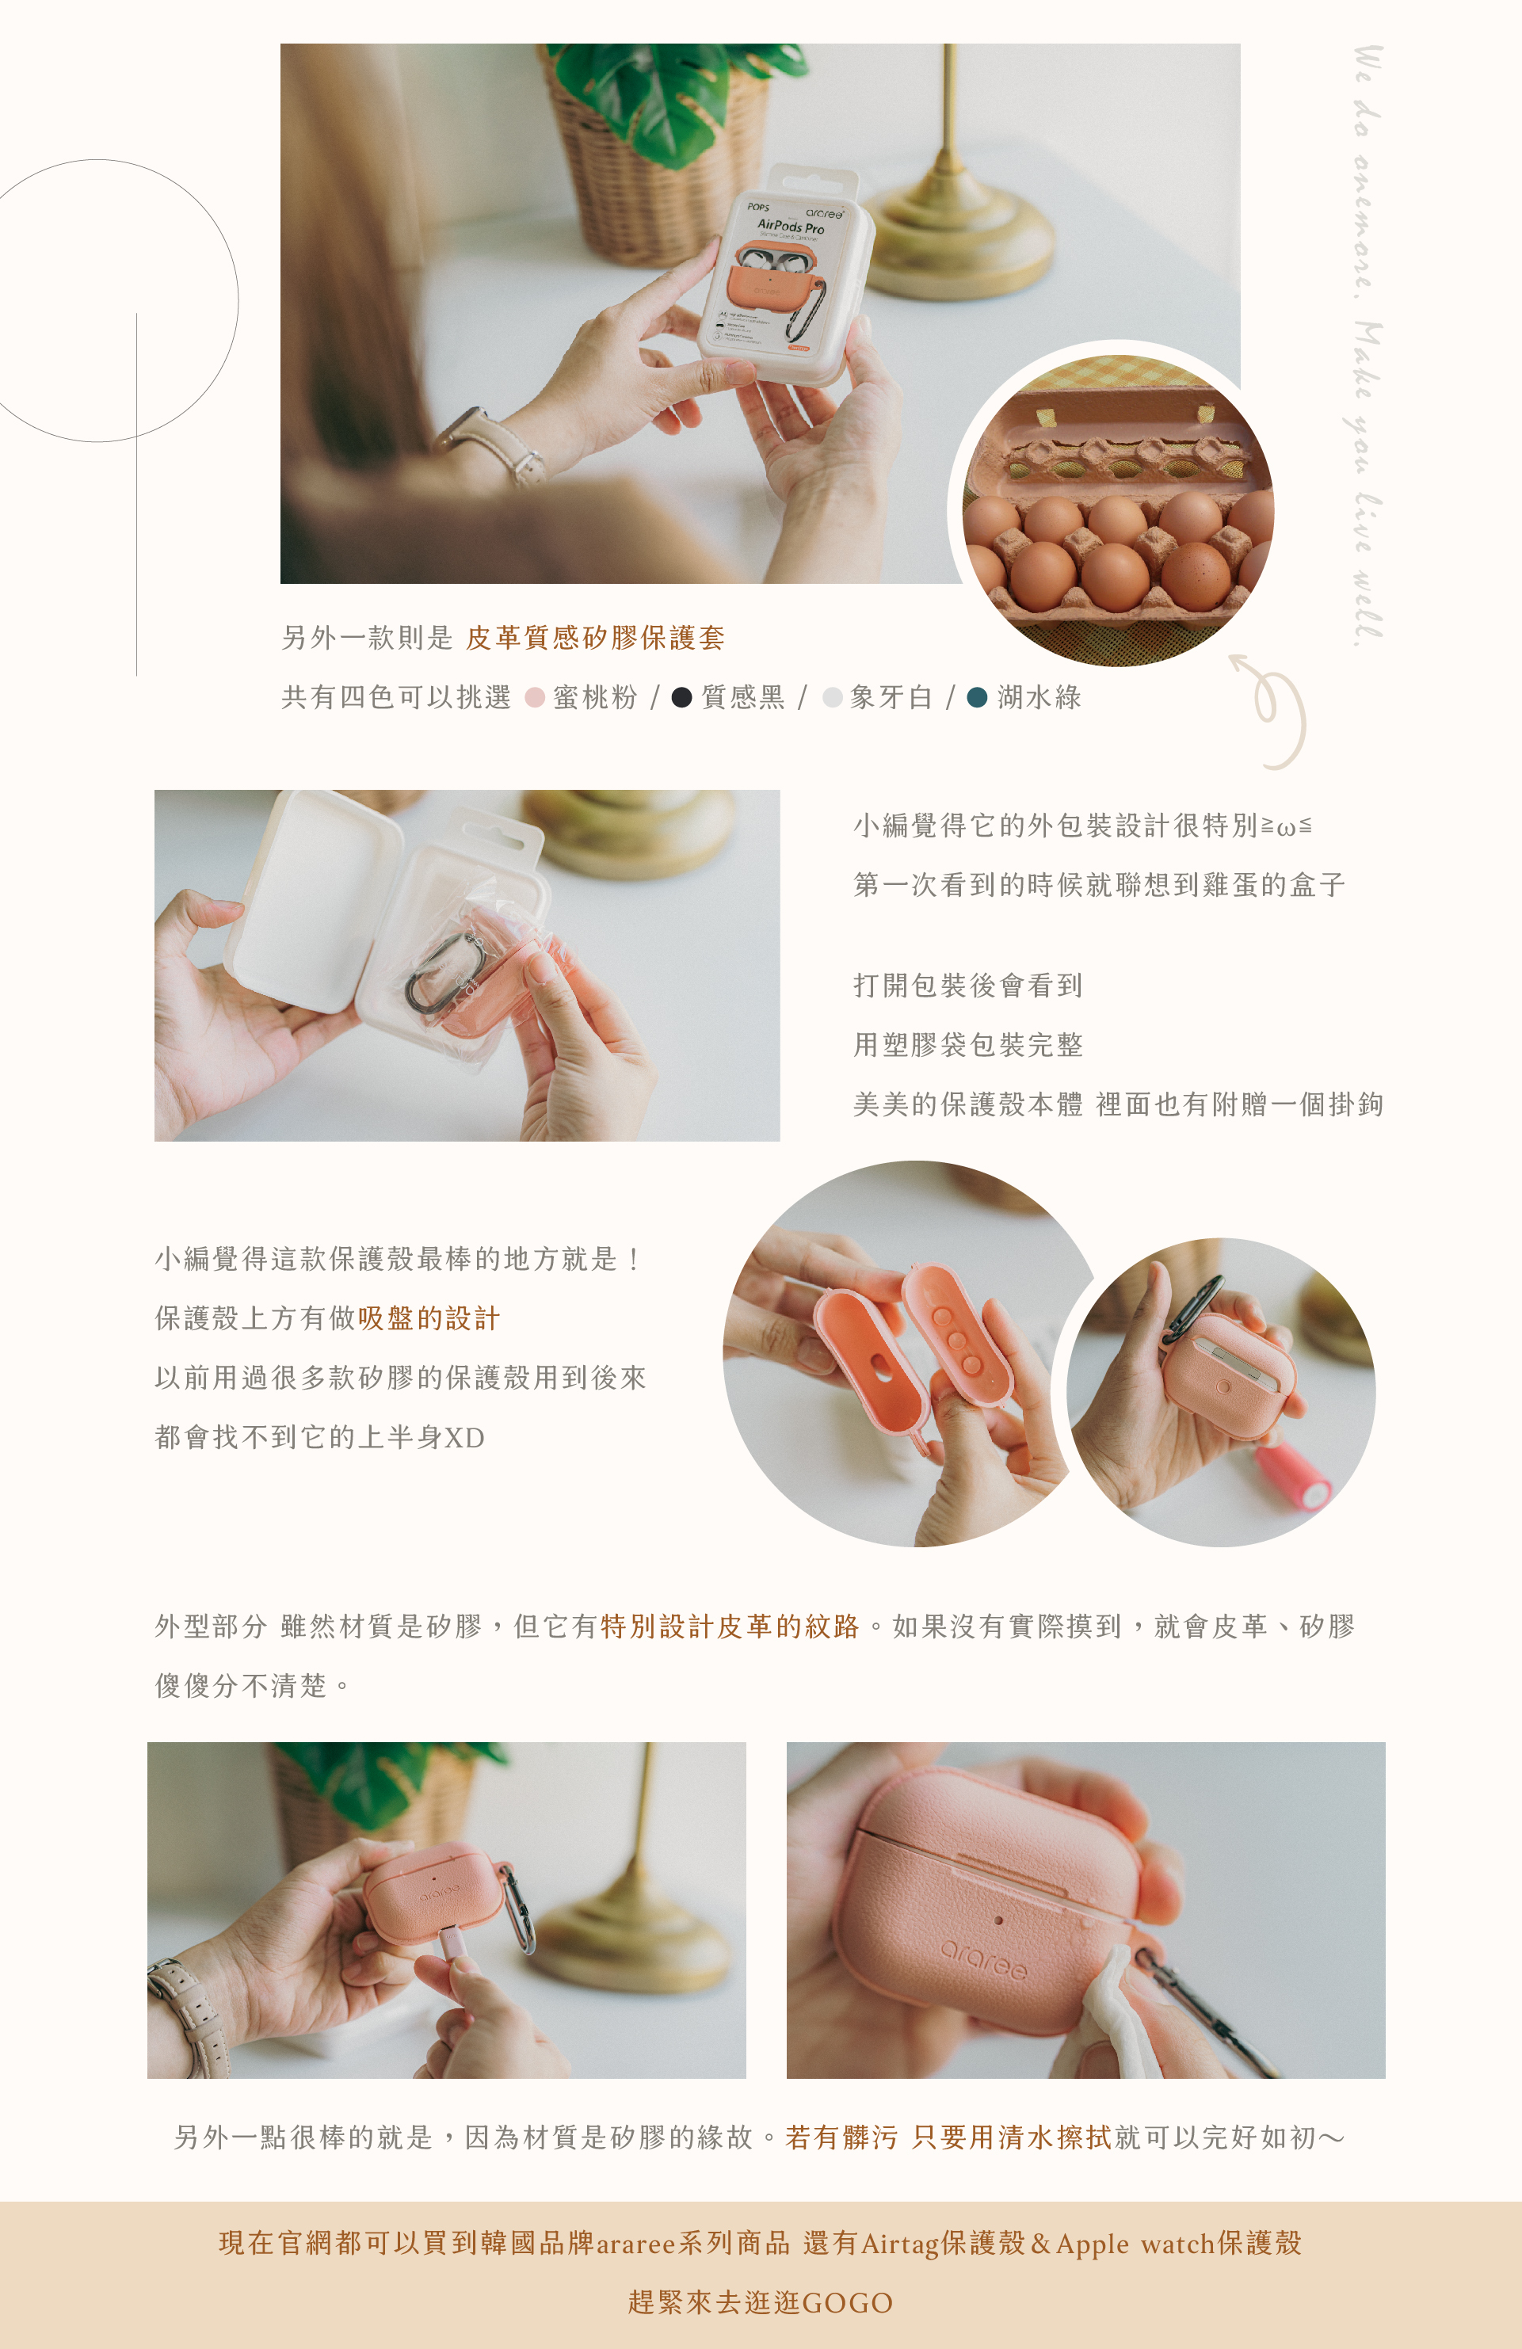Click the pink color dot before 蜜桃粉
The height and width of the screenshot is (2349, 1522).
point(535,698)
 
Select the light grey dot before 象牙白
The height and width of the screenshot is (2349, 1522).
point(832,698)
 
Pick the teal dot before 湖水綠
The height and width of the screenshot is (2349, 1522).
point(977,698)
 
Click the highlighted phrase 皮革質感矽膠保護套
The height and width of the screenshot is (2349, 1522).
point(595,638)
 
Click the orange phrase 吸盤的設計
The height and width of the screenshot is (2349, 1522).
point(429,1318)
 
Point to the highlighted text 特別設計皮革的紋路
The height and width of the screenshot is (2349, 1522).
point(730,1626)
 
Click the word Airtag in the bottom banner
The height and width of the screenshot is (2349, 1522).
point(900,2244)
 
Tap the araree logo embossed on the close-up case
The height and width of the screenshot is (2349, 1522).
point(984,1959)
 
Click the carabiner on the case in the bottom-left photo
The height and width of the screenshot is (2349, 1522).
point(519,1911)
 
